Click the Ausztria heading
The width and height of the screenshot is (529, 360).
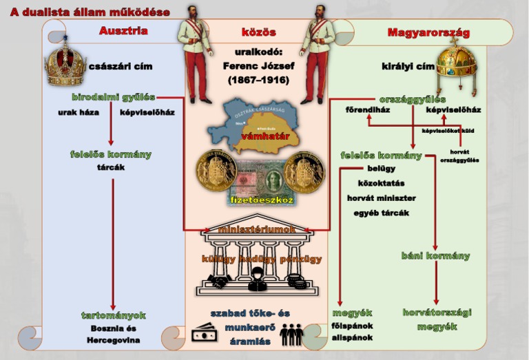point(123,31)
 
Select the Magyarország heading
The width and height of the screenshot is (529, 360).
point(428,32)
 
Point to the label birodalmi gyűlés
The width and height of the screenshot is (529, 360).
point(113,97)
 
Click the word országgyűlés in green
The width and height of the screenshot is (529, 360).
point(412,99)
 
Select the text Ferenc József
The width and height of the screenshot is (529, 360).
point(258,66)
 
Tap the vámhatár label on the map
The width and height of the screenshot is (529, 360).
point(264,136)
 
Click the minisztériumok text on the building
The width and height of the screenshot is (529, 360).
point(257,229)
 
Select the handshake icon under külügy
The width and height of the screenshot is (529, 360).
point(220,282)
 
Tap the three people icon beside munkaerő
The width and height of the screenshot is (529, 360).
point(292,334)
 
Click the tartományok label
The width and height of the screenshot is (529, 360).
point(114,315)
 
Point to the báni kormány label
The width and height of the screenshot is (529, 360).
point(435,256)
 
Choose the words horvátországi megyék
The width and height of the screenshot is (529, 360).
point(437,319)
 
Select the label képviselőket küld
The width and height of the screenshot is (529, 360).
point(451,129)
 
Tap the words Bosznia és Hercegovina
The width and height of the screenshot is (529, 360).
point(114,334)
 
